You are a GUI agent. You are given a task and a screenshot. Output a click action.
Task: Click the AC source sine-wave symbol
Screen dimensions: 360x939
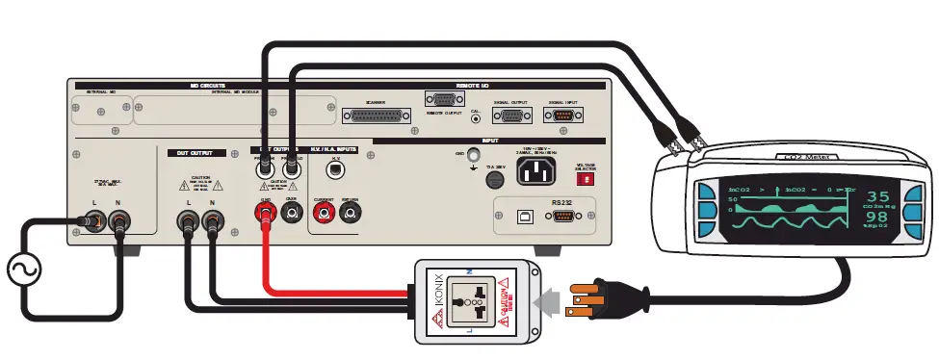coord(22,271)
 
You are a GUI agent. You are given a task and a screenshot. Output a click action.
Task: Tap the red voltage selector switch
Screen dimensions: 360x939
coord(585,178)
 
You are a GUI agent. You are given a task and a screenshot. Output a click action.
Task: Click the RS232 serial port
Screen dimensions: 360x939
coord(564,217)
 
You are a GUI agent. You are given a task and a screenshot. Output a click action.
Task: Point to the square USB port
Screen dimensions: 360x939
coord(523,217)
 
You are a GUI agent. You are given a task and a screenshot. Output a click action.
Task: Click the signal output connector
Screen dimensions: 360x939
coord(510,116)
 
